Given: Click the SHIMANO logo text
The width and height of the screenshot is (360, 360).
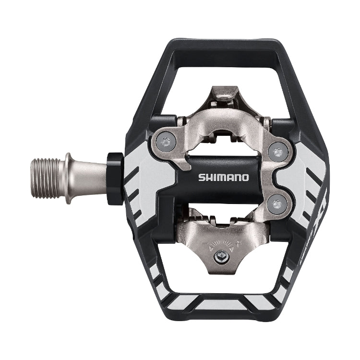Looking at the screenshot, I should tap(224, 177).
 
